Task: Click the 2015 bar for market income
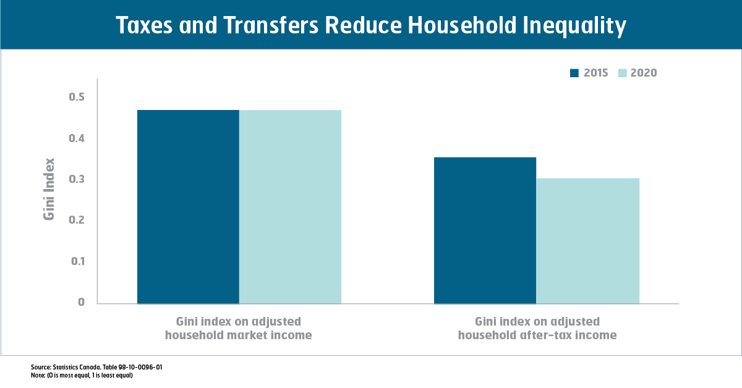(188, 207)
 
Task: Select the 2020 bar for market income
(290, 207)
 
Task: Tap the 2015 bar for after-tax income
(485, 230)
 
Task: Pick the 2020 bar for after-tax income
(587, 241)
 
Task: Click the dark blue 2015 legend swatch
(574, 73)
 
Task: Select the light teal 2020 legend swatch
(623, 73)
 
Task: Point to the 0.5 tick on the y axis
(77, 97)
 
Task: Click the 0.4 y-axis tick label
(77, 138)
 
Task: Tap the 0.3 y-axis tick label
(77, 179)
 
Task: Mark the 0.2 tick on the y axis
(77, 220)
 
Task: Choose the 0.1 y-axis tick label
(78, 261)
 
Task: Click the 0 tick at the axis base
(81, 302)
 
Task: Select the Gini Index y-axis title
(49, 189)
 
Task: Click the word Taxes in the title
(145, 25)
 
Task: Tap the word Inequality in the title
(574, 27)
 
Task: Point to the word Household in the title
(462, 25)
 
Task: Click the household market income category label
(239, 328)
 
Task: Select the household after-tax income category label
(537, 328)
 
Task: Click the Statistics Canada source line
(96, 367)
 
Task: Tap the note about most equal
(82, 376)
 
